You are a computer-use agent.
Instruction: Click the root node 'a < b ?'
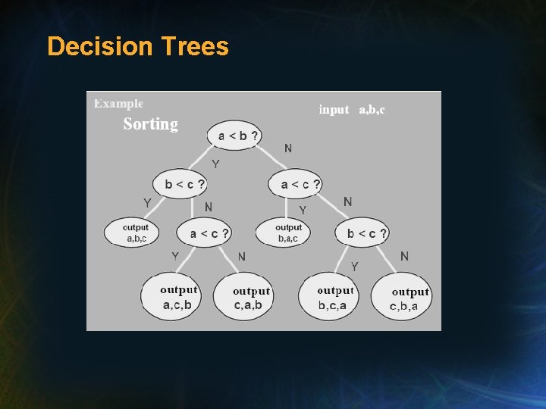coord(236,136)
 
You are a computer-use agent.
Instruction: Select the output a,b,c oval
coord(130,233)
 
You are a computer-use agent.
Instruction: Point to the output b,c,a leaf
coord(334,298)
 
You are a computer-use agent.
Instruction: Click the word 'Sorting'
coord(150,124)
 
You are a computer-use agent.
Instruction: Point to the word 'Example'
coord(118,104)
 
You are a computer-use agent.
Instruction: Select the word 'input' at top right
coord(334,110)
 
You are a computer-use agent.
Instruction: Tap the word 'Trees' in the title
coord(194,47)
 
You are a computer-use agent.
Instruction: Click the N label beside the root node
coord(288,148)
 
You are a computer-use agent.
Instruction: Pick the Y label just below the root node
coord(215,164)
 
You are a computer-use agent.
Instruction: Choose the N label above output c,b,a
coord(404,256)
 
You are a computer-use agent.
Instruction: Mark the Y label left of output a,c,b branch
coord(175,256)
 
